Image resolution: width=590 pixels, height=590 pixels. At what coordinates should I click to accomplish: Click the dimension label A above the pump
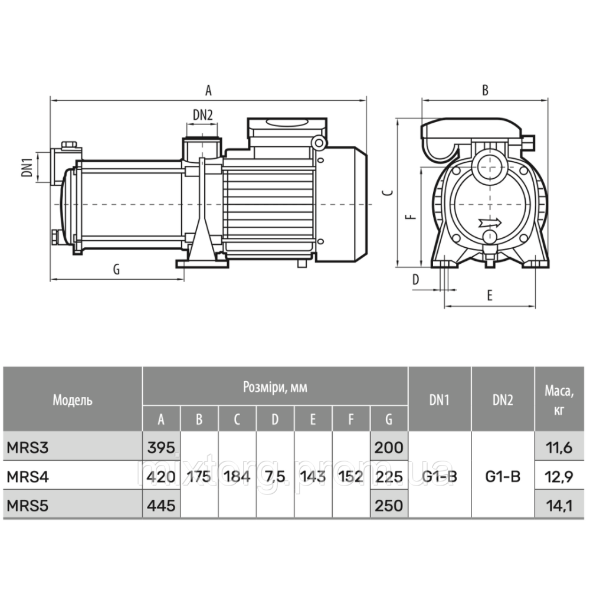point(208,90)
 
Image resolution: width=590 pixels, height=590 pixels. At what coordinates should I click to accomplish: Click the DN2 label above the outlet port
point(203,115)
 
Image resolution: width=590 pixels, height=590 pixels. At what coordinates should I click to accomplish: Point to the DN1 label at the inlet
point(27,167)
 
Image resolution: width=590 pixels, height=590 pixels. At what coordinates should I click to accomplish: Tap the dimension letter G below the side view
point(117,270)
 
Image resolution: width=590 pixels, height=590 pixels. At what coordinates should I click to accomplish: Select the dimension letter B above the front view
point(486,90)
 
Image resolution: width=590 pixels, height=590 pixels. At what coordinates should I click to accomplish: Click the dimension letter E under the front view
point(490,296)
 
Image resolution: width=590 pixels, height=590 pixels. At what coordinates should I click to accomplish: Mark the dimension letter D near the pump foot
point(415,280)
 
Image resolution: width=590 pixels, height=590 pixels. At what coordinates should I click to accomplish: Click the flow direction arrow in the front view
point(491,223)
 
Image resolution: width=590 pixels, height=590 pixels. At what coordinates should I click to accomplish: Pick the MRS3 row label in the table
point(28,448)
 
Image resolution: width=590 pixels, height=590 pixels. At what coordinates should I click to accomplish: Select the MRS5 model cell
point(28,506)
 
